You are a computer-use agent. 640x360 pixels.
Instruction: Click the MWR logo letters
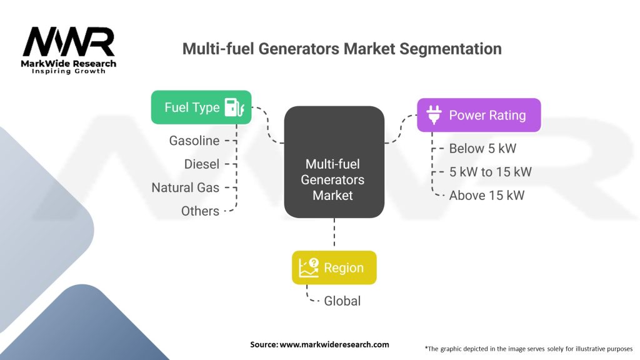point(69,42)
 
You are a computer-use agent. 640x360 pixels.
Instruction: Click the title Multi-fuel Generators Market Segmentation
point(341,48)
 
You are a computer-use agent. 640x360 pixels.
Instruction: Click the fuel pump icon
point(234,107)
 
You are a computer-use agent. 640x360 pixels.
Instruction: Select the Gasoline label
point(194,141)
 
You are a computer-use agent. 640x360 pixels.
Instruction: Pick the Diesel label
point(202,164)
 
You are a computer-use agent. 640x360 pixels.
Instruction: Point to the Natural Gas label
point(186,187)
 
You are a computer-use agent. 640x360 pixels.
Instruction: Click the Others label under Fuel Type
point(200,211)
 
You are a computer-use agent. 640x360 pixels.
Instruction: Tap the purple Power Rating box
point(478,115)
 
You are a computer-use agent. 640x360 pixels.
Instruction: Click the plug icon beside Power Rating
point(433,115)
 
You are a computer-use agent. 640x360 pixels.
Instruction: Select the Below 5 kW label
point(482,149)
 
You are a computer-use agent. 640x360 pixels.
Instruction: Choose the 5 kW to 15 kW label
point(490,172)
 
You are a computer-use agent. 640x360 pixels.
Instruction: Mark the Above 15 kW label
point(486,196)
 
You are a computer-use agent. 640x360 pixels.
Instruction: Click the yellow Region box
point(334,267)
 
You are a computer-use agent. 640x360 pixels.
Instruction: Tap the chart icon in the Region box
point(309,267)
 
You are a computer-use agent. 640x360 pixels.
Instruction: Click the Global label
point(342,301)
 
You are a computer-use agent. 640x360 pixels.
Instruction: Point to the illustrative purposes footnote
point(528,348)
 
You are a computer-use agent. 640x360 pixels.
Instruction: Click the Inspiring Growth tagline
point(69,71)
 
